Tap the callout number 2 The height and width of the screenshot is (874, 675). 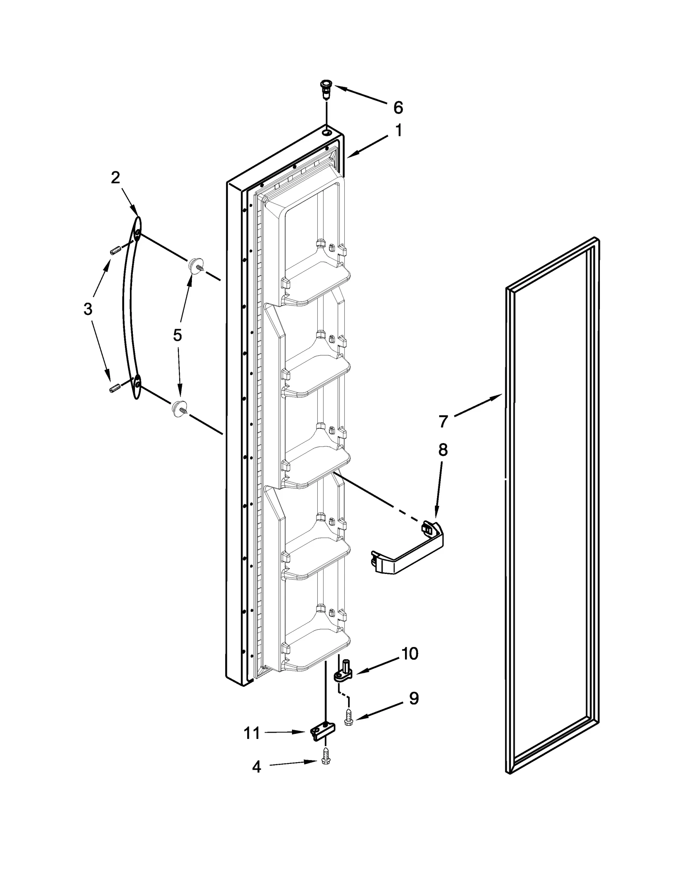pyautogui.click(x=115, y=178)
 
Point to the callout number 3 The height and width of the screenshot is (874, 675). pyautogui.click(x=87, y=309)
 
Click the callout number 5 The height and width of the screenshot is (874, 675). pyautogui.click(x=177, y=335)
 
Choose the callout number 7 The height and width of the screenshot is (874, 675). pyautogui.click(x=443, y=421)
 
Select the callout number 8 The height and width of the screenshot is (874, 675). pyautogui.click(x=443, y=450)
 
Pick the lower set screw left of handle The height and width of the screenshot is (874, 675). pyautogui.click(x=113, y=388)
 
